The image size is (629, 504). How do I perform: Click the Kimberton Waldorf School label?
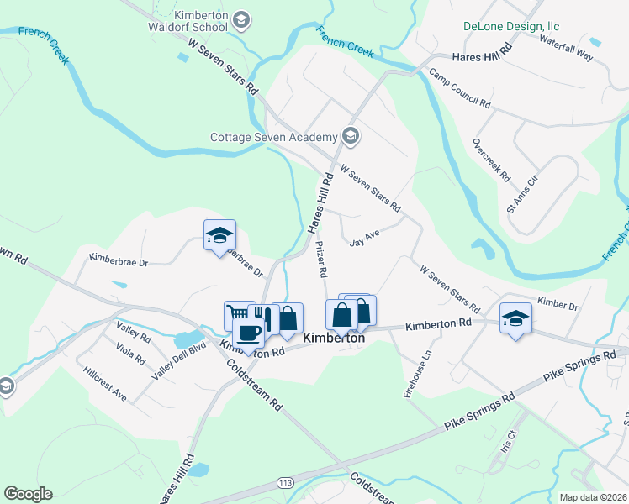click(x=200, y=21)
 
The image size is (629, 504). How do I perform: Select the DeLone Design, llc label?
click(x=511, y=26)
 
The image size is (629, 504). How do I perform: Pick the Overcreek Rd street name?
click(x=491, y=160)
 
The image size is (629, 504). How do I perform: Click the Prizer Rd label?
click(x=320, y=260)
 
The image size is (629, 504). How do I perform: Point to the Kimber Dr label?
click(x=558, y=302)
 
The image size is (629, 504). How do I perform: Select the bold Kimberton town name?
click(x=334, y=338)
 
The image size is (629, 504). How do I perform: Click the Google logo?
click(x=28, y=494)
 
